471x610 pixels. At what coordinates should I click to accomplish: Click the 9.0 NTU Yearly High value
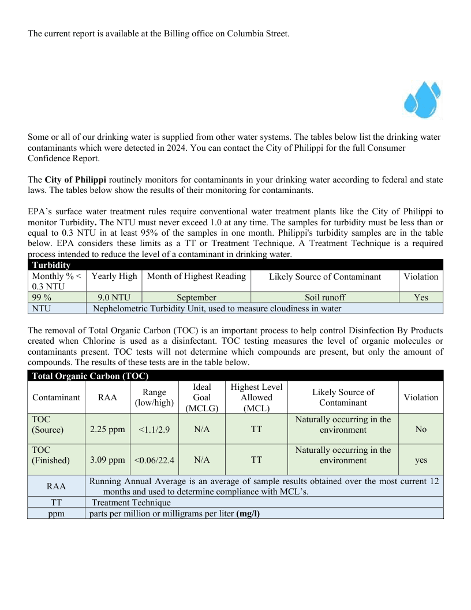click(114, 297)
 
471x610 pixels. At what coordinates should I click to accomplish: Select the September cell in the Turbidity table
click(196, 297)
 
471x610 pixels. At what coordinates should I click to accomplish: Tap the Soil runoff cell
click(325, 297)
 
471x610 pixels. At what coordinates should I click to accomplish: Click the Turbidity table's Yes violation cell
click(421, 297)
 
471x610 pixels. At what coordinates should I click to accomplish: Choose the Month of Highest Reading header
click(196, 276)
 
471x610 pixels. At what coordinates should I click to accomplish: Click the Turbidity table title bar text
click(51, 265)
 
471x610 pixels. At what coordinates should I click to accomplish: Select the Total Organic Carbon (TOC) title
click(90, 376)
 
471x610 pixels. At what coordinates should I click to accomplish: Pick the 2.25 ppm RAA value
click(107, 429)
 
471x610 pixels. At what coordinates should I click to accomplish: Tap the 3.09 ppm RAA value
click(107, 460)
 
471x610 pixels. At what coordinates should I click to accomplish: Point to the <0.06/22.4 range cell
click(154, 460)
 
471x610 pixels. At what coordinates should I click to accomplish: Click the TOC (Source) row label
click(47, 424)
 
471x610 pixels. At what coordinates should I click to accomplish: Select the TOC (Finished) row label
click(51, 455)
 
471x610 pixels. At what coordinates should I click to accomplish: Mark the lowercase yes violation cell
click(421, 460)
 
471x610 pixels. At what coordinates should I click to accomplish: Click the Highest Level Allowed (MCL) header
click(256, 397)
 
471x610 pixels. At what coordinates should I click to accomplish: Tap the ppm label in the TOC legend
click(56, 513)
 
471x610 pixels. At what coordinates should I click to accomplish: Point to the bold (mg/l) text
click(248, 513)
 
